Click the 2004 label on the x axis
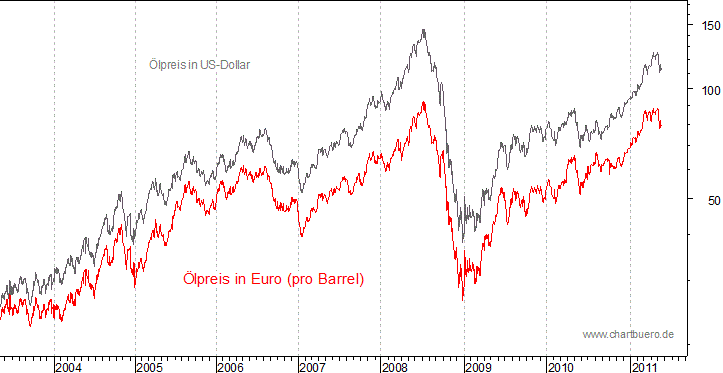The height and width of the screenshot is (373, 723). [x=69, y=368]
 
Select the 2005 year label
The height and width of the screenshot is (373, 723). [x=150, y=368]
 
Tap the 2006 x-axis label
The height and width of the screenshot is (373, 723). [x=232, y=368]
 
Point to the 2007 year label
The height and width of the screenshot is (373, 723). [x=314, y=368]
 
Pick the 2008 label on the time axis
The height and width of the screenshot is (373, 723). [x=396, y=368]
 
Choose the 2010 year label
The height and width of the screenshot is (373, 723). [x=561, y=368]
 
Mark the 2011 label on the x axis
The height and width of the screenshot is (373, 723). [x=643, y=368]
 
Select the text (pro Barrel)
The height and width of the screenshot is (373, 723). [x=325, y=279]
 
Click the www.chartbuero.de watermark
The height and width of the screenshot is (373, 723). [x=628, y=333]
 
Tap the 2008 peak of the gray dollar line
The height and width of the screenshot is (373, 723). [x=425, y=30]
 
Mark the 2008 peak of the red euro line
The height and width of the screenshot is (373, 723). [x=424, y=102]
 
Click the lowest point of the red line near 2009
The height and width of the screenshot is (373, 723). [x=463, y=299]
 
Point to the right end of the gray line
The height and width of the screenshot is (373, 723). [x=661, y=70]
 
